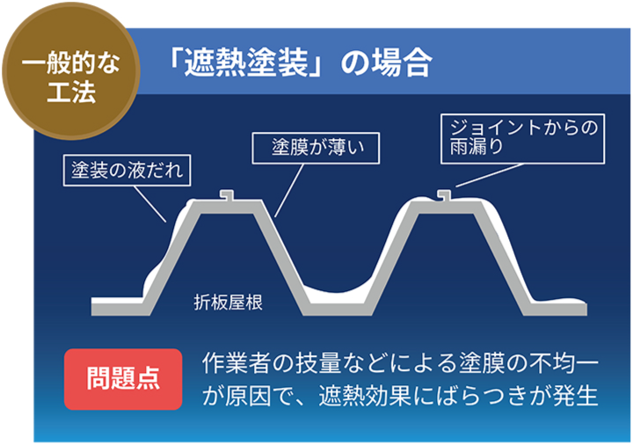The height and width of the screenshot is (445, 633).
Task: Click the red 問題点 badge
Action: click(123, 379)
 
